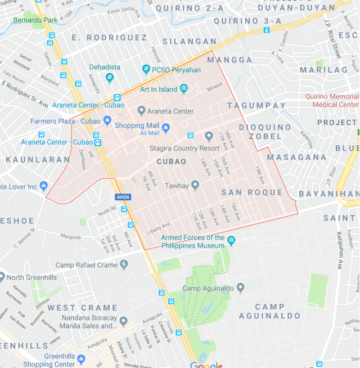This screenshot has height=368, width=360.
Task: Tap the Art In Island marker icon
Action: [x=183, y=89]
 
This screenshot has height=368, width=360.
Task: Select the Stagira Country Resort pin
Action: [x=209, y=136]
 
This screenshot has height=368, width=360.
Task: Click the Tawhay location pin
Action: [x=195, y=185]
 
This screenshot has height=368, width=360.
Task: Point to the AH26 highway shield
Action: [x=121, y=198]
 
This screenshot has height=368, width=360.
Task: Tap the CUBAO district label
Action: [x=172, y=161]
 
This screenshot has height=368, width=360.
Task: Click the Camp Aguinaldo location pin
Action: [x=240, y=288]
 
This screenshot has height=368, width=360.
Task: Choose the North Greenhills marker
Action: [x=2, y=277]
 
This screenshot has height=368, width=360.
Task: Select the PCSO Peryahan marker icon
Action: [x=145, y=70]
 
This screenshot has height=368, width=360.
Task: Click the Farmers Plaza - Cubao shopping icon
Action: [x=107, y=120]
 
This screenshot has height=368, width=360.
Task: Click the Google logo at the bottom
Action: [x=206, y=365]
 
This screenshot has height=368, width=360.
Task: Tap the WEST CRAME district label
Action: [x=83, y=308]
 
